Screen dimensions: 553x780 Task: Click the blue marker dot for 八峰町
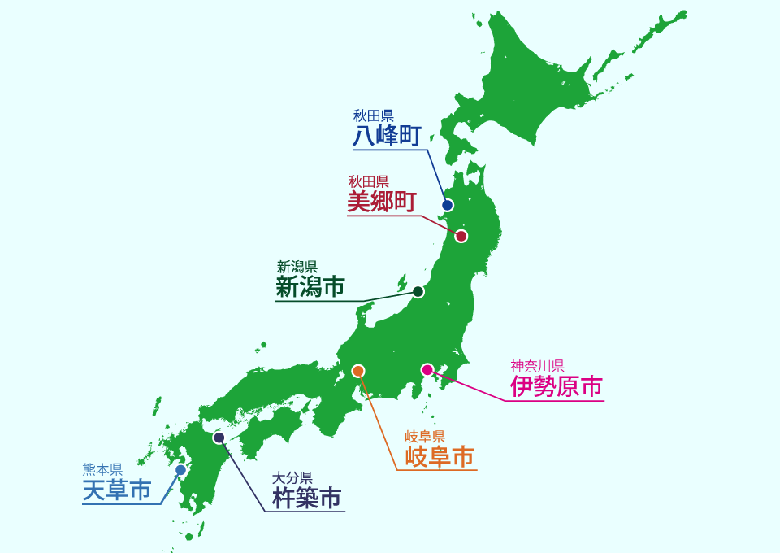coord(447,205)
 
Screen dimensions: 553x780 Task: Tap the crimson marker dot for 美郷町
coord(461,237)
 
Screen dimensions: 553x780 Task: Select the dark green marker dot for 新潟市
coord(418,291)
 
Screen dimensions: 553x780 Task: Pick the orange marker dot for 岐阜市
coord(358,371)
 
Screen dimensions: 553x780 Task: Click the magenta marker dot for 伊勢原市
coord(427,370)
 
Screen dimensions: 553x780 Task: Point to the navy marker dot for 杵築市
coord(219,438)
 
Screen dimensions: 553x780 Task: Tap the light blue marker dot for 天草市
coord(180,470)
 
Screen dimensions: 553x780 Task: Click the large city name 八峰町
coord(387,135)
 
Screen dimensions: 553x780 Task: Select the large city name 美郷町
coord(382,202)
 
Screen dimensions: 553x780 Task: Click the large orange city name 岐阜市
coord(440,456)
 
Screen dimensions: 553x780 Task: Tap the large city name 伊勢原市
coord(557,386)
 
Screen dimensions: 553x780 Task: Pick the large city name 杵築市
coord(306,498)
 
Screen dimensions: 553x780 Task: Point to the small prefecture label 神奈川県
coord(537,364)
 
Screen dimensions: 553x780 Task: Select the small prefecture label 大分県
coord(292,477)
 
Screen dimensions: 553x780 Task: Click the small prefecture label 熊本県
coord(102,469)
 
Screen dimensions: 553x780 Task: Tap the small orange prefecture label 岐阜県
coord(425,436)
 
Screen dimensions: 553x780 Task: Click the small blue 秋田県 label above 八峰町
coord(373,115)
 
